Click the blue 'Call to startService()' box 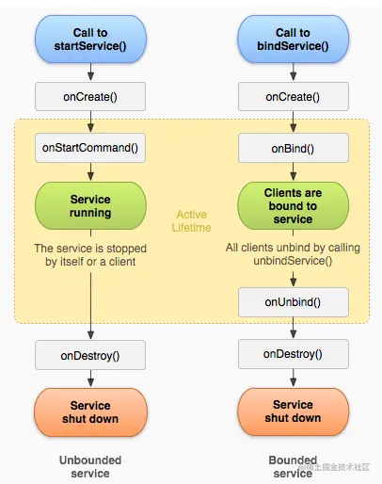point(90,40)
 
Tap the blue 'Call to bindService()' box point(293,40)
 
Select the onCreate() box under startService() point(90,96)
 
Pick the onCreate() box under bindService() point(293,96)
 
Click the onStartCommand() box point(90,148)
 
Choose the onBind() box point(293,148)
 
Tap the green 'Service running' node point(90,206)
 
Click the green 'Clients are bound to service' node point(293,206)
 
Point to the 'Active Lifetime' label point(191,220)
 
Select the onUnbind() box point(293,301)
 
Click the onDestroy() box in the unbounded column point(90,354)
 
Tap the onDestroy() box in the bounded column point(293,354)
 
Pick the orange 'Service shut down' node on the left point(90,411)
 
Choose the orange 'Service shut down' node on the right point(293,411)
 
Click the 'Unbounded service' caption point(90,467)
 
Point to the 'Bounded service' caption point(293,467)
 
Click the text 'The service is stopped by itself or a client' point(90,254)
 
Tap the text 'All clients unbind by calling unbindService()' point(293,253)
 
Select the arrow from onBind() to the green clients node point(293,171)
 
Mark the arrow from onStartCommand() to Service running point(90,171)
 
